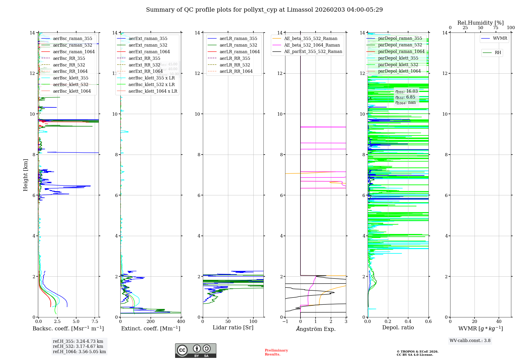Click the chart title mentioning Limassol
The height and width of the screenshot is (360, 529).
[264, 10]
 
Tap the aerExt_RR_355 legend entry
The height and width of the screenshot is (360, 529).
[144, 58]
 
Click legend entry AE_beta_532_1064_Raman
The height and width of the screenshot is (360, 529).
[312, 45]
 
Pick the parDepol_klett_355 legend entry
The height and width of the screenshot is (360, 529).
[398, 58]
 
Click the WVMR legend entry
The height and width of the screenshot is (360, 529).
[500, 38]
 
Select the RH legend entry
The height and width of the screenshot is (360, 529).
[498, 53]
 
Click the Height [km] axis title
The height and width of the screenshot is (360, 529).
[25, 175]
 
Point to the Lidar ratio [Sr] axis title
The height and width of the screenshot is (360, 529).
[233, 327]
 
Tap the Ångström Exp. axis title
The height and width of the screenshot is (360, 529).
[316, 329]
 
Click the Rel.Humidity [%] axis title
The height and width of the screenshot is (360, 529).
[480, 23]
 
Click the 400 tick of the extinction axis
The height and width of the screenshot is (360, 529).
[181, 322]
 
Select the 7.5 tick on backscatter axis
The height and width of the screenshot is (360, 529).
[95, 322]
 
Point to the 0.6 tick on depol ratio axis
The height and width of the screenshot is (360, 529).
[428, 322]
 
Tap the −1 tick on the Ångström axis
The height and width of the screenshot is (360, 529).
[285, 322]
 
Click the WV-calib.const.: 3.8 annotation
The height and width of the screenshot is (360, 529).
[470, 341]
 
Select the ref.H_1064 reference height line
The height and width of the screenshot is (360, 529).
[79, 352]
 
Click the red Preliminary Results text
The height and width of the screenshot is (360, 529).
[276, 352]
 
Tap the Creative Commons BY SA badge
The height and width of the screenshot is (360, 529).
[195, 350]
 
